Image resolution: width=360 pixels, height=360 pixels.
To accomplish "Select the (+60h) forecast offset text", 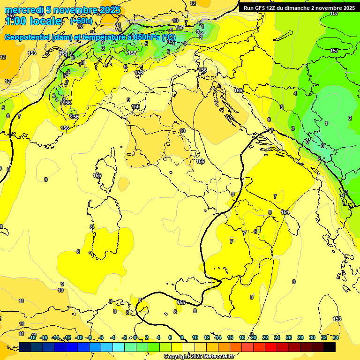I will point(81,21).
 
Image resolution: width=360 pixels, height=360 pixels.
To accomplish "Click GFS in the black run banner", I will point(261,8).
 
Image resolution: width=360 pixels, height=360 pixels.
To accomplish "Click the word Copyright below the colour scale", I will point(177,357).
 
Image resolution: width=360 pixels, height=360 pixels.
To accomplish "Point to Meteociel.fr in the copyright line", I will point(219,357).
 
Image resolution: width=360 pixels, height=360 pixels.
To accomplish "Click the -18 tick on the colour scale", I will point(32,337).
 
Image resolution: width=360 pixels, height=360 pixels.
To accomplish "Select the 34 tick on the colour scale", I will point(336,337).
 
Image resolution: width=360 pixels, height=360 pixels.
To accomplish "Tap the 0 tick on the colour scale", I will point(135,337).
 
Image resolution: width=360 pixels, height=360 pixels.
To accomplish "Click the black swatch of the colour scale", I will point(330,347).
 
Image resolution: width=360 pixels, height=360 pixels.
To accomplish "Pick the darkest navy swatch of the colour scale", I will point(25,347).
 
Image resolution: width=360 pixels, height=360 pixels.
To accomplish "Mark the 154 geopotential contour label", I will point(285,213).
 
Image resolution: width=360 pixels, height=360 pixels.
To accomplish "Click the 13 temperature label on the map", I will point(3,57).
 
